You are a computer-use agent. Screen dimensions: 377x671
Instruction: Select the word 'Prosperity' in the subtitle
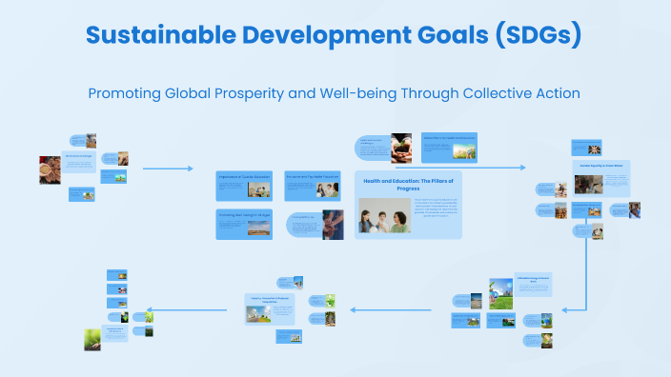[269, 94]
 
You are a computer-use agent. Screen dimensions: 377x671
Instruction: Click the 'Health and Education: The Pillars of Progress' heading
[408, 184]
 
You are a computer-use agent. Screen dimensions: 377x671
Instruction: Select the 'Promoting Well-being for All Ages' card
[243, 224]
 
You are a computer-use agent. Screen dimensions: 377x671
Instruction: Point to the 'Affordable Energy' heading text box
[533, 281]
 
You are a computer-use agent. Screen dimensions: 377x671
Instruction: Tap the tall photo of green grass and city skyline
[500, 293]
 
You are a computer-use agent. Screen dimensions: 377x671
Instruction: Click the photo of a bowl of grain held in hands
[47, 172]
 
